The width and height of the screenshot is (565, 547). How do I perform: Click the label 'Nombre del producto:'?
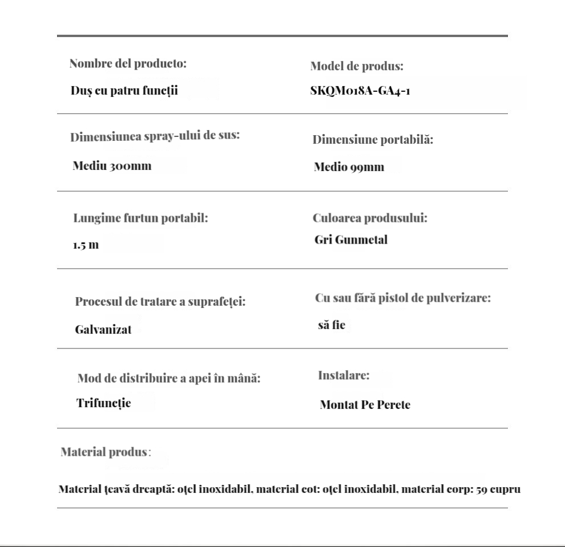(x=128, y=63)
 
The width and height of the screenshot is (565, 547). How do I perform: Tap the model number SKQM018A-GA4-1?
(x=360, y=92)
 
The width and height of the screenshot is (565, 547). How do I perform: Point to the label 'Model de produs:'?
(x=357, y=66)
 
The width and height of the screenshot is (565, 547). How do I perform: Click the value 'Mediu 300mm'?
(x=112, y=166)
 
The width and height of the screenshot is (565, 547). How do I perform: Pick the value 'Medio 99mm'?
(x=349, y=167)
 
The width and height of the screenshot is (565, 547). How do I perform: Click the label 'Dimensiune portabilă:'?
(x=373, y=140)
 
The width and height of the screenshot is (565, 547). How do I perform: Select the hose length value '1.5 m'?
(x=86, y=245)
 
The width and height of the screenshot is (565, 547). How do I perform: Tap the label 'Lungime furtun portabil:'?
(x=140, y=218)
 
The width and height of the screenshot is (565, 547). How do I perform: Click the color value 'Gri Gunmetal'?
(x=350, y=240)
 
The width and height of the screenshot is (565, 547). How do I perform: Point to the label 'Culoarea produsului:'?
(x=370, y=218)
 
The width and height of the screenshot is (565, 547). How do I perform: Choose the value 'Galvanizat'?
(x=103, y=329)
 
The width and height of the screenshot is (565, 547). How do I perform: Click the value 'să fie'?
(x=332, y=326)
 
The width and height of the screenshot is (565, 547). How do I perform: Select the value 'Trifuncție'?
(x=103, y=403)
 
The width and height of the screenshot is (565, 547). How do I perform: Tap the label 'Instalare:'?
(x=344, y=376)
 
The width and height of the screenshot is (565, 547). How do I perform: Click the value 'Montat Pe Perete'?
(x=365, y=405)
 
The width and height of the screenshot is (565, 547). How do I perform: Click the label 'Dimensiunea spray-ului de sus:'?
(x=154, y=137)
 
